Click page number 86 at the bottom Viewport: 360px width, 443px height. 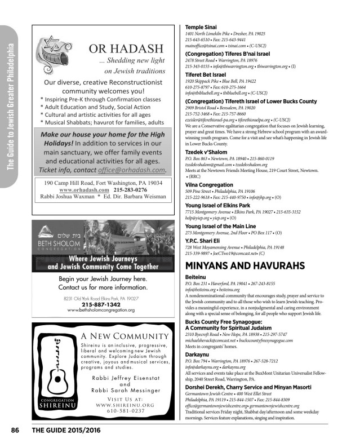[x=15, y=430]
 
